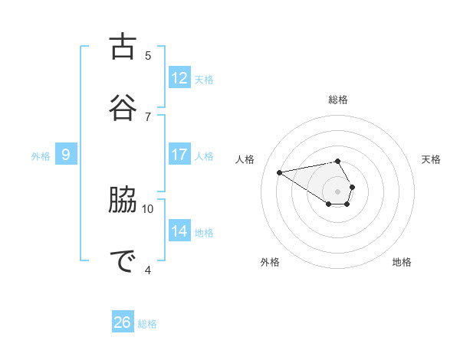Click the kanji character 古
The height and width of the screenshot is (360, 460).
(x=124, y=47)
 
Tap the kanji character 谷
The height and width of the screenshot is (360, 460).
(x=124, y=105)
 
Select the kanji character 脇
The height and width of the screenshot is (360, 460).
(x=124, y=202)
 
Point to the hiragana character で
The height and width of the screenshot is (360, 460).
(x=124, y=261)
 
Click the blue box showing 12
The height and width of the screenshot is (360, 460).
(x=179, y=78)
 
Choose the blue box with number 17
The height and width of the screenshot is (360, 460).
(x=179, y=155)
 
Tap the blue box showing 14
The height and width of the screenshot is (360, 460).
(x=179, y=231)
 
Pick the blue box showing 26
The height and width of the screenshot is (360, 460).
(x=123, y=322)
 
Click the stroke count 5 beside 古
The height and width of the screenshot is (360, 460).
(x=148, y=56)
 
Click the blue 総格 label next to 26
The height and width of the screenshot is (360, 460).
(x=147, y=324)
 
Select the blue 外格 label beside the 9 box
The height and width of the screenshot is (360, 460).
(x=41, y=156)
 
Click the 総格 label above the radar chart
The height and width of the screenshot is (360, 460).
(x=338, y=100)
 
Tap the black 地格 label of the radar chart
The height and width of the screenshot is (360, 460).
(x=402, y=262)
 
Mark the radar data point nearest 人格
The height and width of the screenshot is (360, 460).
(x=280, y=172)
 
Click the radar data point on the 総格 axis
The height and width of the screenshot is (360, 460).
(x=338, y=161)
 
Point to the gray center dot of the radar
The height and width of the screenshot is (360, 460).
(x=338, y=191)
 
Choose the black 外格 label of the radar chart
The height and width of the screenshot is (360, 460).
(x=270, y=262)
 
